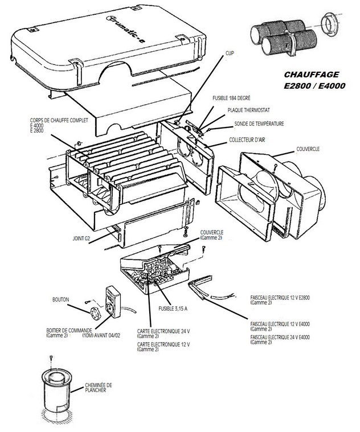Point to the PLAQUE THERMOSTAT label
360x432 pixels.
click(x=249, y=111)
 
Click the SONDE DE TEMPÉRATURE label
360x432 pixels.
click(x=260, y=124)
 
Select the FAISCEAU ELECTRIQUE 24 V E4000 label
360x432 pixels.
click(x=280, y=338)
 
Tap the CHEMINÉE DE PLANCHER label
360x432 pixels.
click(x=99, y=387)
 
